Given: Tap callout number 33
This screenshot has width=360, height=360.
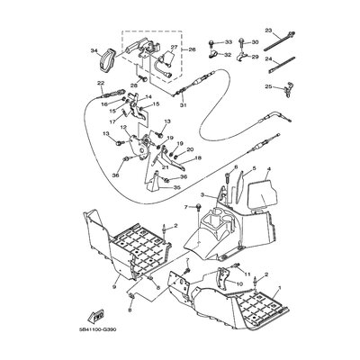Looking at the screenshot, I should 228,42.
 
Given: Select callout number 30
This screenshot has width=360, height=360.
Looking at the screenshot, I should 255,42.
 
